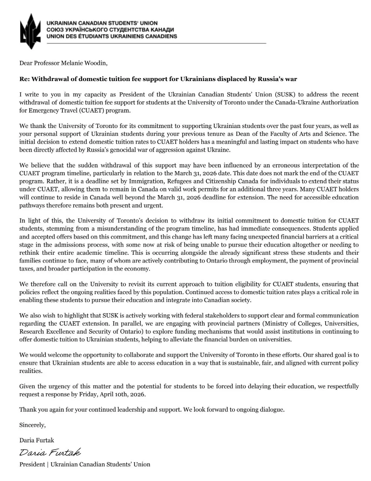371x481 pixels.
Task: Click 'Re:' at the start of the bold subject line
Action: point(24,79)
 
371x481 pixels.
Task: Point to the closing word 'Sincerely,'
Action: point(32,425)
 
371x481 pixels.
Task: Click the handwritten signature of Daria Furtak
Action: point(50,452)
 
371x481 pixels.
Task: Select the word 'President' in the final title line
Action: point(32,464)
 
